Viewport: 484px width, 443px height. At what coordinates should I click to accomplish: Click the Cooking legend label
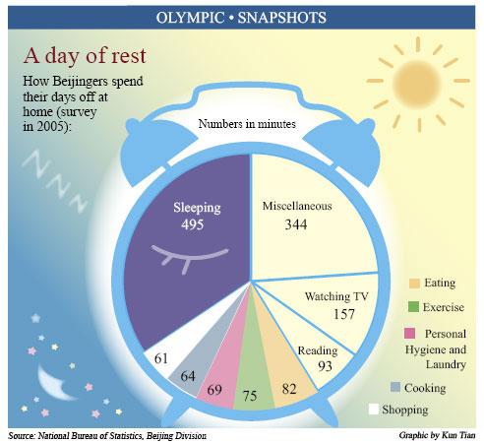424,388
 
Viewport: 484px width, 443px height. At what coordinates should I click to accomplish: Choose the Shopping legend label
427,409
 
